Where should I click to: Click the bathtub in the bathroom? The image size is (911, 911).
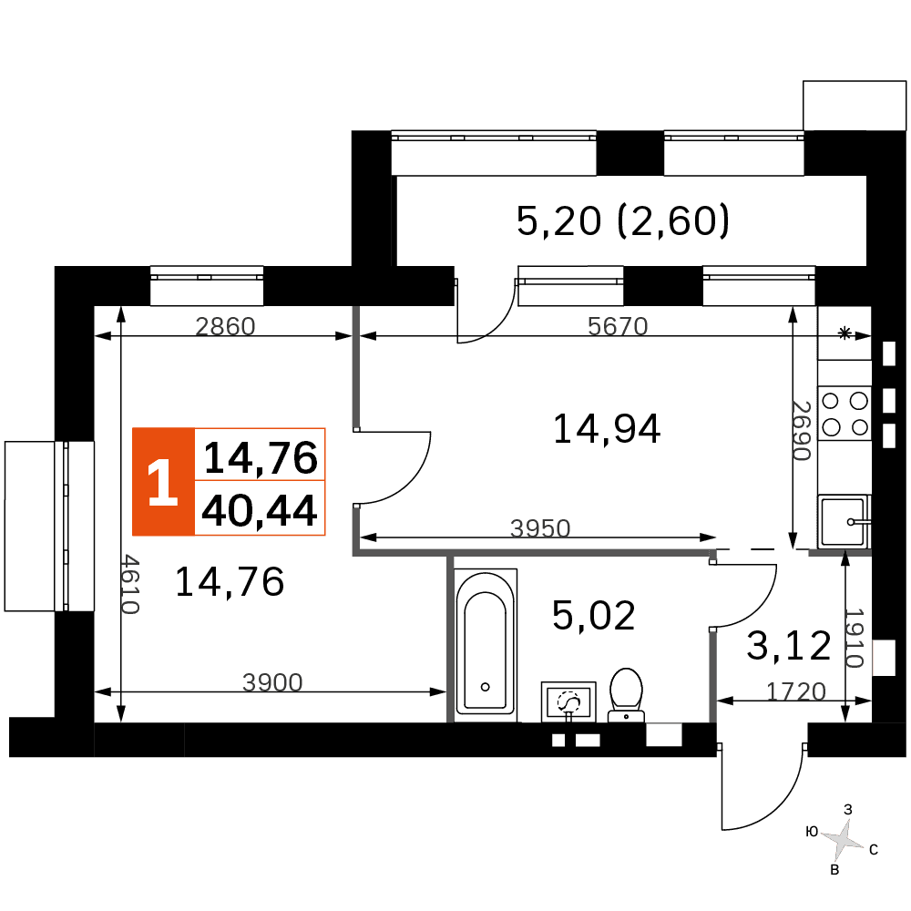coord(486,644)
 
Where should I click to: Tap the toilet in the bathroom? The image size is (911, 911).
coord(626,695)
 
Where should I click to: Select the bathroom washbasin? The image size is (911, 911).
coord(568,701)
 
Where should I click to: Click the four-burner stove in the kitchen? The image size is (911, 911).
coord(844,413)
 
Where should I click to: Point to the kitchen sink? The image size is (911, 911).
coord(844,521)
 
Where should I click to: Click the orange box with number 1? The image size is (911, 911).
coord(163,482)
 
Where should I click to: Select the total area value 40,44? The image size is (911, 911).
coord(259,510)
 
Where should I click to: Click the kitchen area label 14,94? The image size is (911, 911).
coord(607,429)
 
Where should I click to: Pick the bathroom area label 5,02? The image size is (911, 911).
coord(593,615)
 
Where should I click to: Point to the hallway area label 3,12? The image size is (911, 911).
coord(788,646)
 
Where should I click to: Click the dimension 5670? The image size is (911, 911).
coord(618,326)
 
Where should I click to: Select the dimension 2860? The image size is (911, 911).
coord(225,326)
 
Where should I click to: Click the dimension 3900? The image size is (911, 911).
coord(272,682)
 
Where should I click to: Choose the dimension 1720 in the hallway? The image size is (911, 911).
coord(796,691)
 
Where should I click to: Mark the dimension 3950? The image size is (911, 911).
coord(540,527)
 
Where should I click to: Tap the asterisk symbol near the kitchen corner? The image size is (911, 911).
coord(844,333)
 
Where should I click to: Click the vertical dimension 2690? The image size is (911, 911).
coord(802,431)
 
